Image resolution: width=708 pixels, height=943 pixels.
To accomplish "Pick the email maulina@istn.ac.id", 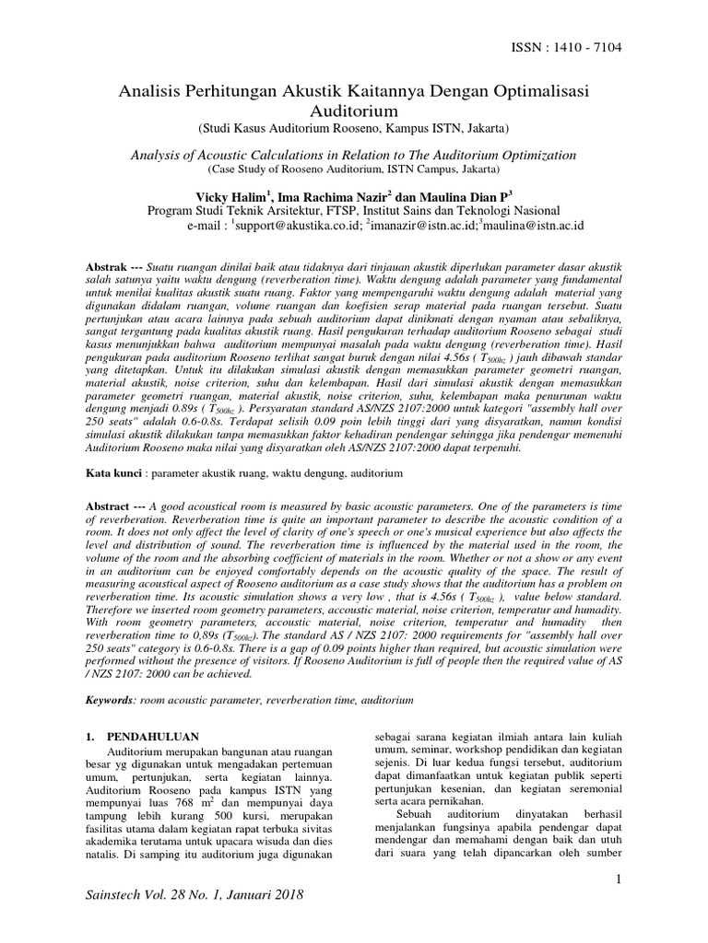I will coord(532,224).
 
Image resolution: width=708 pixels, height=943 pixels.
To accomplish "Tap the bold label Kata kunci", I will coord(115,472).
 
